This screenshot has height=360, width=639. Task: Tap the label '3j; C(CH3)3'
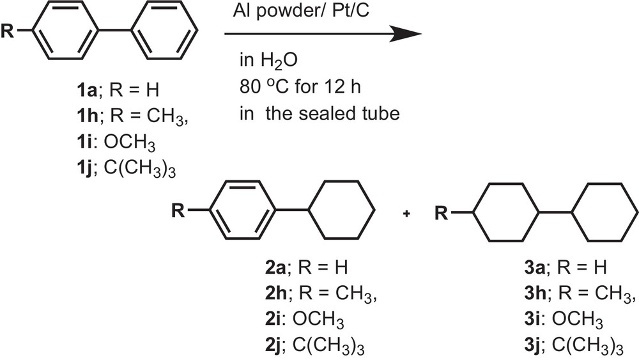(x=573, y=345)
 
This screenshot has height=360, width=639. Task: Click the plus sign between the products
(x=406, y=213)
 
